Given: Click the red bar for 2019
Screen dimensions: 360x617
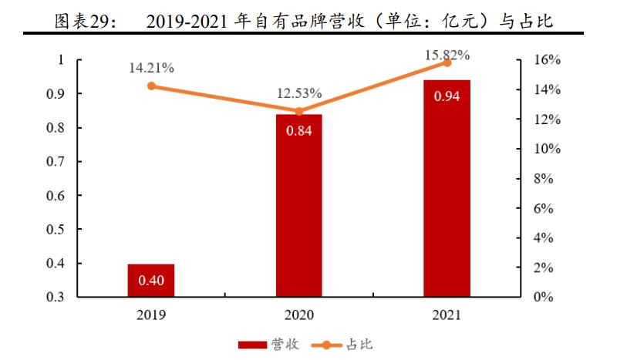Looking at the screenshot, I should click(151, 280).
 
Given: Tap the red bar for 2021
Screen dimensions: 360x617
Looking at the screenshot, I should click(447, 188).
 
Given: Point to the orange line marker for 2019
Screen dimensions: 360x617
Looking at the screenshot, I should click(151, 86).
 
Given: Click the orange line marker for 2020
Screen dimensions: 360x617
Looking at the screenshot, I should click(299, 111).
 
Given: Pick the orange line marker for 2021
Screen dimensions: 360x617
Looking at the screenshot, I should click(447, 62).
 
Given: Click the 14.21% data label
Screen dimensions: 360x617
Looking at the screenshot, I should click(151, 68).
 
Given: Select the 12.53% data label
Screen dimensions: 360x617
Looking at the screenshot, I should click(299, 93).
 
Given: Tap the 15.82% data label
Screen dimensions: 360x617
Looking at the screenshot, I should click(447, 54).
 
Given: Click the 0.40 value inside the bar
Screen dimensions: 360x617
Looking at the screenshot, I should click(151, 280).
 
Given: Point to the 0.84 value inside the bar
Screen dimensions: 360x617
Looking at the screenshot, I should click(299, 131).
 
